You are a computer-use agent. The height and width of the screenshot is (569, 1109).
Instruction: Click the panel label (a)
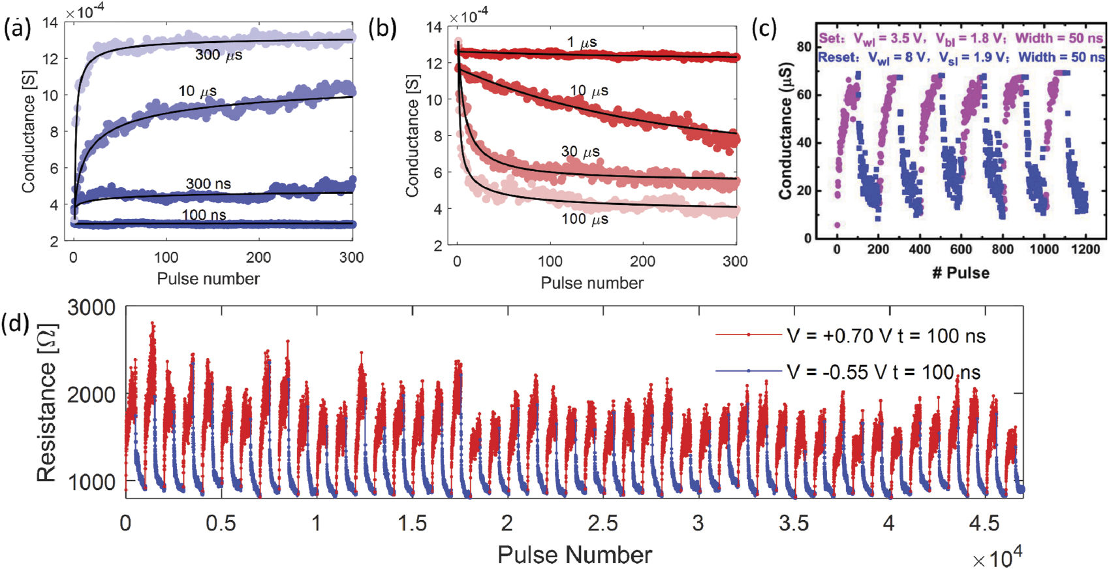click(17, 30)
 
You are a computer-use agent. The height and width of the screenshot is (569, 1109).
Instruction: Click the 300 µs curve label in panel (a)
click(219, 56)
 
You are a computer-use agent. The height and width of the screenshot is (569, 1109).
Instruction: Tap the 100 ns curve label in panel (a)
click(204, 215)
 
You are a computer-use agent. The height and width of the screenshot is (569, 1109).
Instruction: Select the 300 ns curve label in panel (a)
click(208, 184)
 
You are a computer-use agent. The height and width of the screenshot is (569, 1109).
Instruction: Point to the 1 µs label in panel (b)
click(582, 43)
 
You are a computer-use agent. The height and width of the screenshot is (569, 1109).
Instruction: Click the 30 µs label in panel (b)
click(580, 152)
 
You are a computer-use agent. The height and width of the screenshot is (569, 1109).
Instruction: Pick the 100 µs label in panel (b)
click(585, 219)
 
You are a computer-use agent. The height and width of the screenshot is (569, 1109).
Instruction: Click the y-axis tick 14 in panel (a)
click(50, 23)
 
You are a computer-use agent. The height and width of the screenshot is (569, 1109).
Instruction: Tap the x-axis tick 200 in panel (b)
click(642, 261)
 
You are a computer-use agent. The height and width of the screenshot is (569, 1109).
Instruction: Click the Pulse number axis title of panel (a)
click(208, 279)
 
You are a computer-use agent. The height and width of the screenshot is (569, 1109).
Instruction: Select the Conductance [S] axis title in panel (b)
click(412, 135)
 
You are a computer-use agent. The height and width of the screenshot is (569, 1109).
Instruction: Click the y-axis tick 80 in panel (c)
click(804, 46)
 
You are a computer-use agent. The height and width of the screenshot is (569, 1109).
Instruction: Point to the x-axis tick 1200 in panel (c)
click(1085, 250)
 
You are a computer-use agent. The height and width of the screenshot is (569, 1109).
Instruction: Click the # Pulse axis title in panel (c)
click(960, 273)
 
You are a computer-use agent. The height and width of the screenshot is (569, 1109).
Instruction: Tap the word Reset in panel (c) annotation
click(838, 57)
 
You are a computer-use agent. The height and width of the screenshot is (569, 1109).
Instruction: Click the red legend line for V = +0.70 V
click(748, 335)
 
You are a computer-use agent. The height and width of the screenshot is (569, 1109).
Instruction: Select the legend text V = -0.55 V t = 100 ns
click(883, 372)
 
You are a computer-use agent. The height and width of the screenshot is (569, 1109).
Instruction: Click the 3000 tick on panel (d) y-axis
click(91, 308)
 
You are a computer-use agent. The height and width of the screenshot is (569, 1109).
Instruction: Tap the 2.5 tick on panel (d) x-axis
click(602, 523)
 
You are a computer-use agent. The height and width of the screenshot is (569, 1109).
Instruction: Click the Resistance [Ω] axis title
click(46, 403)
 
